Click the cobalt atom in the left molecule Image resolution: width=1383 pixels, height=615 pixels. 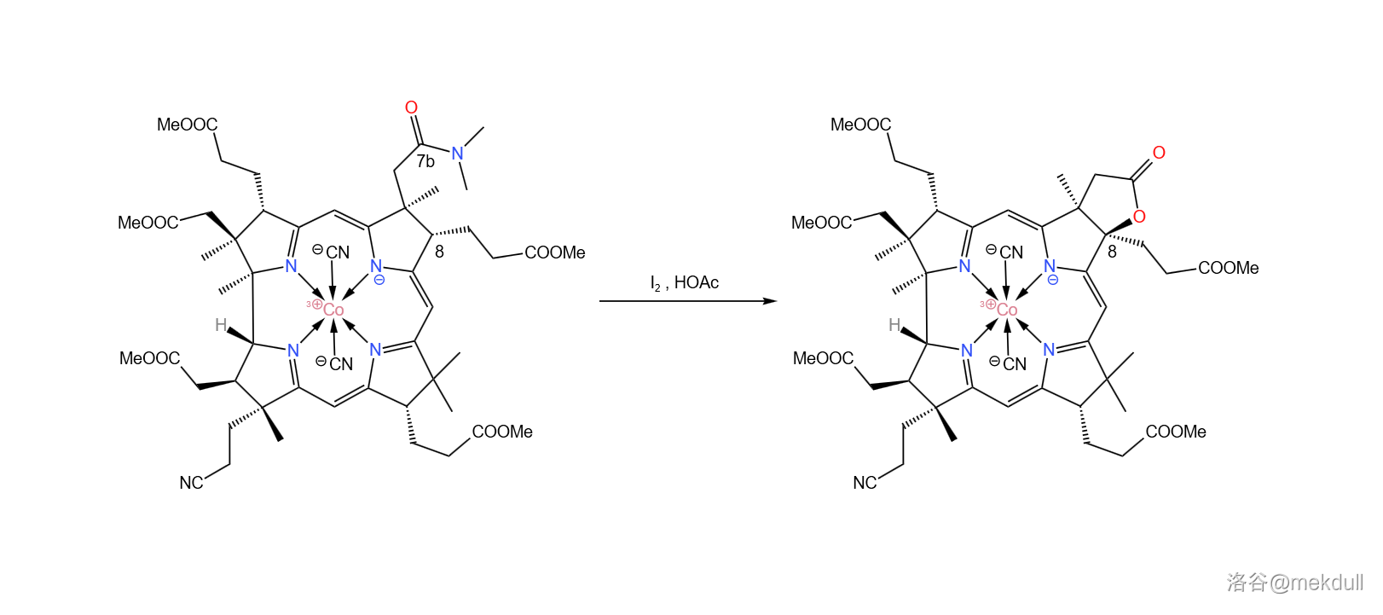[x=333, y=310]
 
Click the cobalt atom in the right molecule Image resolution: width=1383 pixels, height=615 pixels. [x=1007, y=310]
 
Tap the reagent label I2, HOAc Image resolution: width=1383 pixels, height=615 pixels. [x=684, y=283]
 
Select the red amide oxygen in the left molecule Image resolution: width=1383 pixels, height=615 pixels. [x=411, y=107]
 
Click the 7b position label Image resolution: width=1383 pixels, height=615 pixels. [x=425, y=161]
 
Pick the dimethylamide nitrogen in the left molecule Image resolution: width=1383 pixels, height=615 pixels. [x=458, y=154]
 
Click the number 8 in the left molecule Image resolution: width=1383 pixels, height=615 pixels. [x=439, y=252]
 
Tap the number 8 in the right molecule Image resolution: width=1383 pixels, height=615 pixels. [x=1112, y=252]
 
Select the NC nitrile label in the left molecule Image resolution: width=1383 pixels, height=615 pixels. [x=191, y=483]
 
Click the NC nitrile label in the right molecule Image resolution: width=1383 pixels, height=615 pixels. [x=865, y=483]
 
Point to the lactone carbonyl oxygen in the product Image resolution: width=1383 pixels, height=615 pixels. [x=1159, y=153]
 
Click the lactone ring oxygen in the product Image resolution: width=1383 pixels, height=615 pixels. [x=1139, y=217]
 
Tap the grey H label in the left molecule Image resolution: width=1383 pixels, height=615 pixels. [x=221, y=325]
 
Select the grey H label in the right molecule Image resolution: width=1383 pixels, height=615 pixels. [x=894, y=325]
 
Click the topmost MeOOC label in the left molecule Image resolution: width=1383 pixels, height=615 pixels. [x=187, y=125]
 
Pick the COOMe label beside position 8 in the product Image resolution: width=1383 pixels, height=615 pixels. [x=1228, y=268]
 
